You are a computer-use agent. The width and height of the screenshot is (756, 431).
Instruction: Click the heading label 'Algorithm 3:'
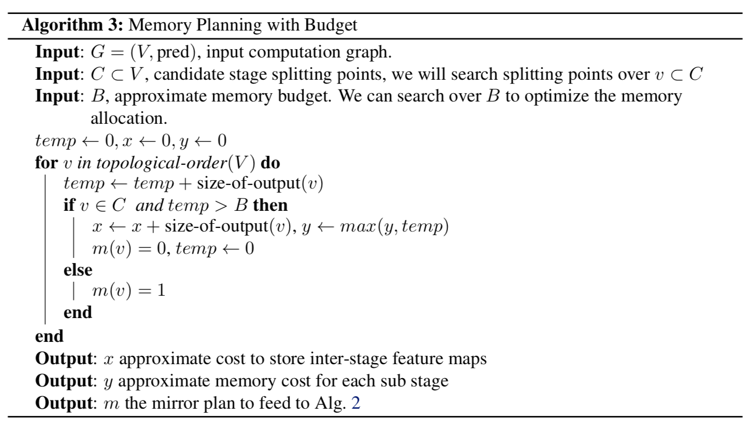point(71,25)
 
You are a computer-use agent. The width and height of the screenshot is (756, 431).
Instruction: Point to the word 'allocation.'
point(129,118)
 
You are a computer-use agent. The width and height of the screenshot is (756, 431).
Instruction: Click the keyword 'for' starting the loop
point(46,163)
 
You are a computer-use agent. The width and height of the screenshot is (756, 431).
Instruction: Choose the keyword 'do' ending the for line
point(270,163)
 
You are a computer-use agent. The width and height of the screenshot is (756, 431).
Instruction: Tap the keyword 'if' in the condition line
point(69,205)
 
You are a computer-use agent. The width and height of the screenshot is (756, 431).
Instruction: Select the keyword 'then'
point(270,205)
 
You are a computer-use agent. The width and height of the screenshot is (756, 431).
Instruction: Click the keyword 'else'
point(78,270)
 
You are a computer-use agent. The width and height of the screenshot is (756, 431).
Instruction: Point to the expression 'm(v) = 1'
point(128,291)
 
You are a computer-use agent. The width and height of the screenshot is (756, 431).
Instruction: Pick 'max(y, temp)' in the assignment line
point(394,227)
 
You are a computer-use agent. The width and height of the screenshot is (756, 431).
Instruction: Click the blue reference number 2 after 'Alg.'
point(355,403)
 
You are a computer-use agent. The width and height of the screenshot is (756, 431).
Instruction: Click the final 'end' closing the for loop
point(49,336)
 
